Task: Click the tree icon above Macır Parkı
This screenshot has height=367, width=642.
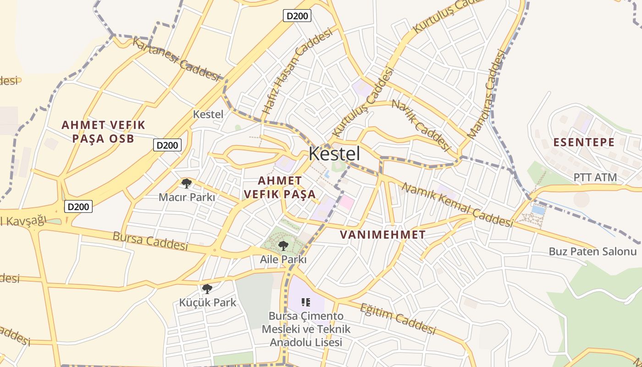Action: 186,183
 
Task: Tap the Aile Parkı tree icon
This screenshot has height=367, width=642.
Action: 283,245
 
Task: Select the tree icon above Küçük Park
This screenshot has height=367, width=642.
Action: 207,289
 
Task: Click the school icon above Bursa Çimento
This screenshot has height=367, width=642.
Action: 306,302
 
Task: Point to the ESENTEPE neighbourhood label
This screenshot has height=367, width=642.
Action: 584,142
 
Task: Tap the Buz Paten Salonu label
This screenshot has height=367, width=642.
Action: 593,251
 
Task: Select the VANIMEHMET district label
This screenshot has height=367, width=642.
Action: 382,235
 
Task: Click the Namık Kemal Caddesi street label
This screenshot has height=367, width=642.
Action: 457,205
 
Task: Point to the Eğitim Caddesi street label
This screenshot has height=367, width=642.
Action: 397,318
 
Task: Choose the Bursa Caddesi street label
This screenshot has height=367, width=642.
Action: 150,241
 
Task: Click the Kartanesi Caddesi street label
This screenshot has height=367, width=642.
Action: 177,59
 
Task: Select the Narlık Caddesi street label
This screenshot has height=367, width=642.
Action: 420,125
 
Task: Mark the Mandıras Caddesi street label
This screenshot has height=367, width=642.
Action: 487,94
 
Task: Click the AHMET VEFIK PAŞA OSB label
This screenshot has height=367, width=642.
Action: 103,132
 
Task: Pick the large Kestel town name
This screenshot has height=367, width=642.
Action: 334,154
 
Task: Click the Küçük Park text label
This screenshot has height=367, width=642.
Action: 208,302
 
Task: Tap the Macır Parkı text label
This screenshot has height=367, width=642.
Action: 187,197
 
